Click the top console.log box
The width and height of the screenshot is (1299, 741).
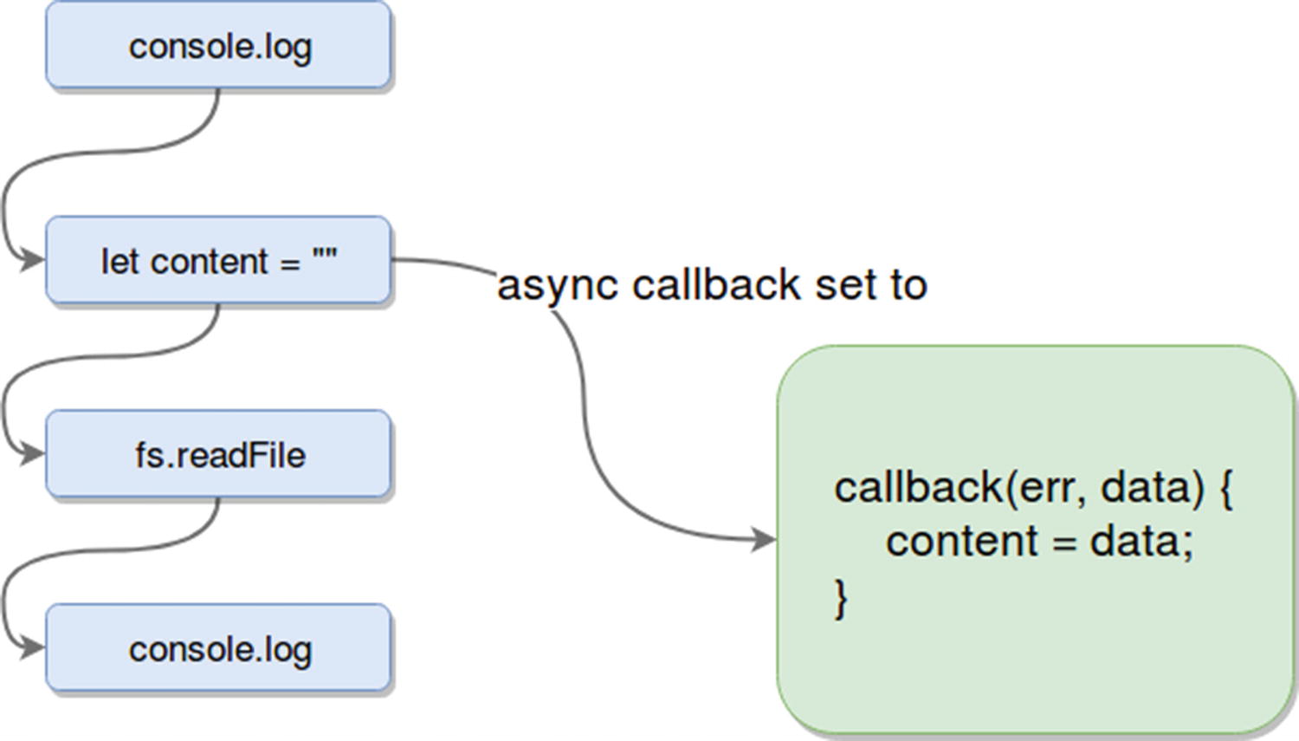click(218, 45)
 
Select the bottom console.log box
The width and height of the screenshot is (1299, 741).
click(218, 648)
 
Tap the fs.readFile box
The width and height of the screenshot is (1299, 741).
click(218, 454)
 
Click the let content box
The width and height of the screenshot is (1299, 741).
click(218, 260)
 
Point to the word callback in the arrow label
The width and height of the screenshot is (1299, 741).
click(716, 285)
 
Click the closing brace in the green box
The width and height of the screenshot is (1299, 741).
click(840, 598)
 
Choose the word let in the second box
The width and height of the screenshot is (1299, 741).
click(119, 261)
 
